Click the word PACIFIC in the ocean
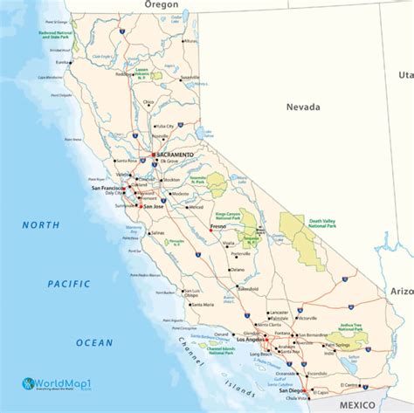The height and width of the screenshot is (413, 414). (x=69, y=284)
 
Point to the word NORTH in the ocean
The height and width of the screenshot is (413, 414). (x=41, y=225)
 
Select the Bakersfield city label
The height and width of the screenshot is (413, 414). (x=247, y=287)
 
